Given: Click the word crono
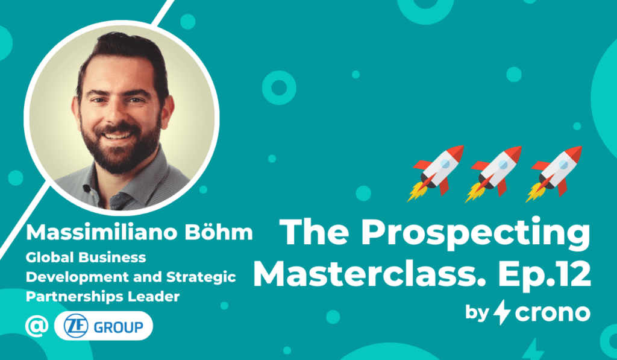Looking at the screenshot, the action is coord(553,314).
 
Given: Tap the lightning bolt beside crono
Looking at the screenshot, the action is coord(502,312).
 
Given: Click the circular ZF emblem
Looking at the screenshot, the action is coord(76,326).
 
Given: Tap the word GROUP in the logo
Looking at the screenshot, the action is coord(119,327).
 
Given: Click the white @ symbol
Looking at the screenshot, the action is coord(37,326).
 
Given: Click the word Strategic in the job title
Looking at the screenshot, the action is coord(201,277).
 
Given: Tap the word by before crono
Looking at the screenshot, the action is coord(477,314).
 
